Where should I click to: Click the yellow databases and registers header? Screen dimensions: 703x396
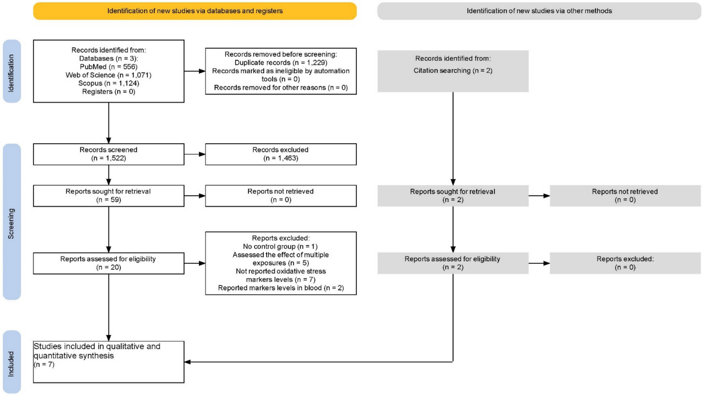coord(195,11)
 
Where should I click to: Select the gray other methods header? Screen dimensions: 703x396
coord(539,11)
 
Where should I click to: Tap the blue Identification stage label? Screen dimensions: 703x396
coord(12,71)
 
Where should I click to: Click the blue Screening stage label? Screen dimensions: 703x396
coord(12,222)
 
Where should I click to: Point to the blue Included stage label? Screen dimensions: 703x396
coord(12,362)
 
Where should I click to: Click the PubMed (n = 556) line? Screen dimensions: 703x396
coord(109,67)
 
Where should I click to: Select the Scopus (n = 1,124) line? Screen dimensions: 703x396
coord(109,83)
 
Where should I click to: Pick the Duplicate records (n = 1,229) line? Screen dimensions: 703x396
coord(281,63)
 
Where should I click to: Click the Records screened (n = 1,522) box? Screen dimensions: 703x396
coord(109,154)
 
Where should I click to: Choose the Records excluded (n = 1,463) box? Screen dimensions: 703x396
coord(281,154)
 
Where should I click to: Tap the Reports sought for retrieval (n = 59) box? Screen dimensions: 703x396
coord(109,196)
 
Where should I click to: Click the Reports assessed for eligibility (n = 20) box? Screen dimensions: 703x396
coord(109,263)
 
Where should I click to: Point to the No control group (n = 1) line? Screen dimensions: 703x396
coord(280,247)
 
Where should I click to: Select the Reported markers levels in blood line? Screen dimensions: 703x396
coord(281,288)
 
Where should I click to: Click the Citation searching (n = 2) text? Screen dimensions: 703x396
coord(453,71)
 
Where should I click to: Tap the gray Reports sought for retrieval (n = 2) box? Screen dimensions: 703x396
coord(453,196)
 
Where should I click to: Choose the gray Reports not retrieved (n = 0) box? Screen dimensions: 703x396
coord(625,196)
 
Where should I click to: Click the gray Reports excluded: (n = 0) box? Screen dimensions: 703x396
coord(625,263)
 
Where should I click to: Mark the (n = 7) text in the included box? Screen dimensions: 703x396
coord(44,365)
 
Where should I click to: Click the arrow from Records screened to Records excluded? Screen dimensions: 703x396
coord(195,154)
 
